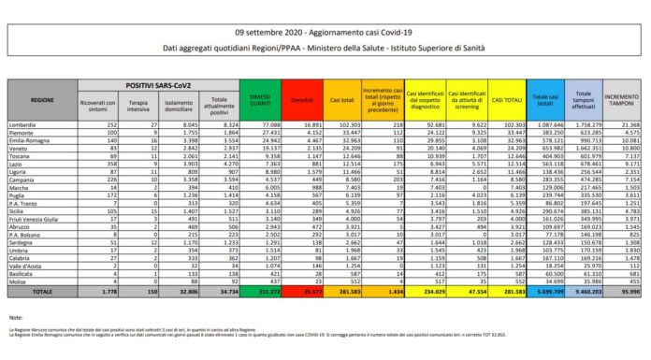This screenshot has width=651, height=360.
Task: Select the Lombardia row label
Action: point(24,123)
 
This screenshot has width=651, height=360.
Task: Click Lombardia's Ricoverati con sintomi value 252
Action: point(108,123)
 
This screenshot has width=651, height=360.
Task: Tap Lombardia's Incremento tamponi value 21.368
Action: point(628,123)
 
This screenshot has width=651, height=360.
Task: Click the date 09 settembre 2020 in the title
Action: point(266,11)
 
